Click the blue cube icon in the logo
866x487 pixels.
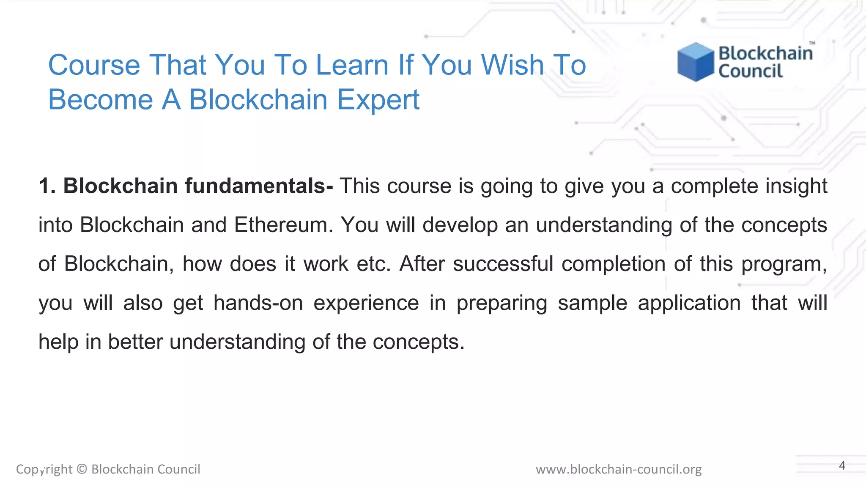695,62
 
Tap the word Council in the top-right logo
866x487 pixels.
751,71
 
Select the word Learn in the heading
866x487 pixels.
352,65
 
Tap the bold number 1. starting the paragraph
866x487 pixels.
47,186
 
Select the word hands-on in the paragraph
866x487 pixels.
258,303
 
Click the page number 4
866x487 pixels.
842,465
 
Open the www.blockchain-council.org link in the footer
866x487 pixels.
618,469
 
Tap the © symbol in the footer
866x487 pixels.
82,469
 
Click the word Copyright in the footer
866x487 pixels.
44,469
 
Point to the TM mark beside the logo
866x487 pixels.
812,43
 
